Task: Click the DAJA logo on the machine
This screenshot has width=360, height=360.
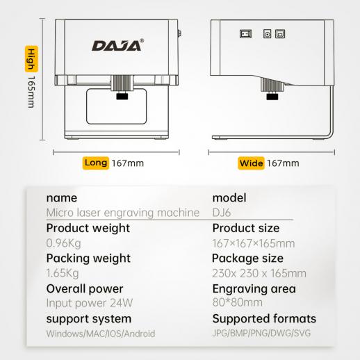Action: (x=117, y=45)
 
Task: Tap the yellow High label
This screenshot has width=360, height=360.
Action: (x=31, y=59)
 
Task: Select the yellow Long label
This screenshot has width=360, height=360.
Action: (x=96, y=163)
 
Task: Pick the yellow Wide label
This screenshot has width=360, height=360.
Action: (x=251, y=163)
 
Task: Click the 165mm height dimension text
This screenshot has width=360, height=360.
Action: (x=31, y=92)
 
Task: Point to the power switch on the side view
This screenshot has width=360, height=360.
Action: (x=245, y=34)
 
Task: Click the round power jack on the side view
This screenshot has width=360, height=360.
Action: (x=268, y=34)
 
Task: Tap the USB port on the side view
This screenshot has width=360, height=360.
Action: (x=280, y=34)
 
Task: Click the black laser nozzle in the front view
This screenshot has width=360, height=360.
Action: (x=122, y=96)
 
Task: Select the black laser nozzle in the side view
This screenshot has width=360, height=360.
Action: (x=272, y=96)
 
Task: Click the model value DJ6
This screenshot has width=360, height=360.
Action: (x=222, y=213)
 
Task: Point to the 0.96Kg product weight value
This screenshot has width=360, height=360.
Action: (x=63, y=243)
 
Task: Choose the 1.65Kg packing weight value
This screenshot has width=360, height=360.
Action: (x=63, y=273)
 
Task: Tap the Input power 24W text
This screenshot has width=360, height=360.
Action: (x=90, y=303)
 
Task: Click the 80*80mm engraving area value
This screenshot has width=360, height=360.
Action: (x=238, y=302)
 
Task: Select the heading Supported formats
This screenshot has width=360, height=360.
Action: (x=264, y=319)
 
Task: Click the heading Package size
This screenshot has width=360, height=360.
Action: (x=247, y=259)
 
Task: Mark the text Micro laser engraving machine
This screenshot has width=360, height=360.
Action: (x=123, y=213)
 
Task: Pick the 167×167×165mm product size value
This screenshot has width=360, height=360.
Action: (x=254, y=243)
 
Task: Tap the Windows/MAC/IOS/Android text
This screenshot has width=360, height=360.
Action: (x=101, y=334)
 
